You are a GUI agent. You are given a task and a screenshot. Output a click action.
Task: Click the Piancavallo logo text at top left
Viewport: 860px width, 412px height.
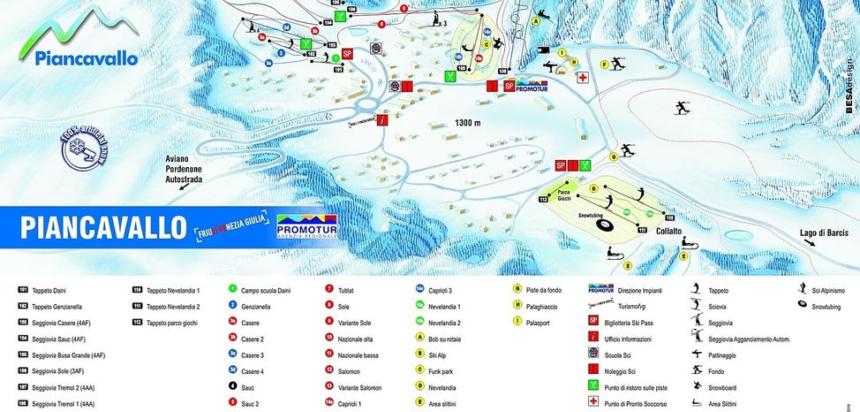tap(87, 58)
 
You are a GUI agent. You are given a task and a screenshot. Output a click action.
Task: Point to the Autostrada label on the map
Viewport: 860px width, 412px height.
tap(185, 179)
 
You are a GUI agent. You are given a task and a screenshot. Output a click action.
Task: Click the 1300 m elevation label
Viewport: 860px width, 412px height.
tap(467, 123)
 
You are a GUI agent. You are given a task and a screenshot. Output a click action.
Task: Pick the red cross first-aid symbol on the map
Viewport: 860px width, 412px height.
tap(583, 78)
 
